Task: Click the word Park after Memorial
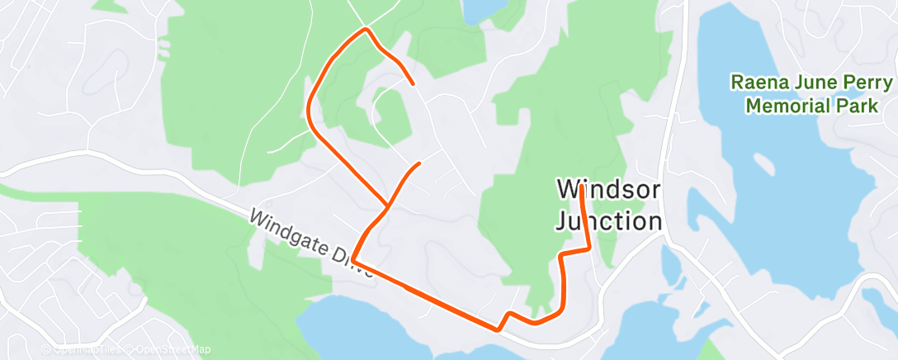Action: tap(859, 107)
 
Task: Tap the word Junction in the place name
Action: tap(609, 221)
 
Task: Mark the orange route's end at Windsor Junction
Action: tap(582, 187)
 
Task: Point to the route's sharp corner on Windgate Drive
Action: tap(353, 260)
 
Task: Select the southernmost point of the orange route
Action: tap(499, 329)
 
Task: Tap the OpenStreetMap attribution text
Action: tap(168, 349)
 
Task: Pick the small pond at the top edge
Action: tap(483, 8)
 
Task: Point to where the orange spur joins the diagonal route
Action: tap(388, 205)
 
